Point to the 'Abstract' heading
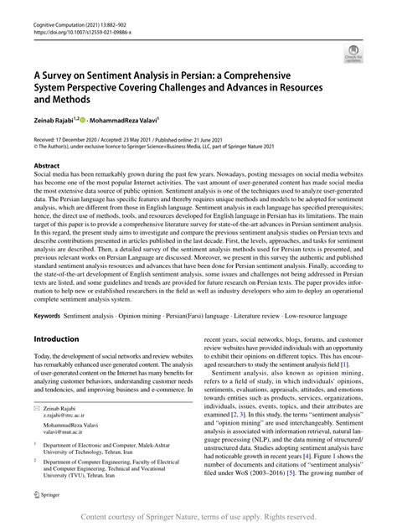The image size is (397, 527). [x=45, y=166]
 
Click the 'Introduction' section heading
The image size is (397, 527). [x=57, y=316]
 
